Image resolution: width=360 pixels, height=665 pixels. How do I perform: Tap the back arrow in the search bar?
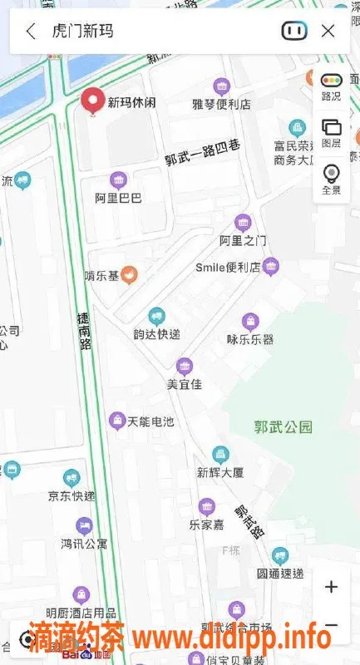coord(31,32)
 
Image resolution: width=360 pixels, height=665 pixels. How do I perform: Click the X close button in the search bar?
coord(328,32)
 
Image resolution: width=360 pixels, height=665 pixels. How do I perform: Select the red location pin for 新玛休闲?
coord(92,101)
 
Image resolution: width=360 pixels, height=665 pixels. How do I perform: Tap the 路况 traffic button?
coord(331,86)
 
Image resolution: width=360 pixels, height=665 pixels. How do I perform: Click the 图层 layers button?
coord(331,132)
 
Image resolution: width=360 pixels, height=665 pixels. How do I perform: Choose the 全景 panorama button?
coord(331,179)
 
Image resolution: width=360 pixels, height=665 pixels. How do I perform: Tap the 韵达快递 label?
coord(156,334)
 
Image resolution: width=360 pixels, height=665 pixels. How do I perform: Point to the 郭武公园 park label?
coord(283,427)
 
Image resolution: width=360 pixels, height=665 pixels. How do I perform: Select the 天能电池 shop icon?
coord(117,421)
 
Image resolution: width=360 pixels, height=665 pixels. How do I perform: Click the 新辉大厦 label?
coord(219,473)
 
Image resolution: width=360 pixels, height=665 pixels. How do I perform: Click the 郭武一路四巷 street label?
coord(202,152)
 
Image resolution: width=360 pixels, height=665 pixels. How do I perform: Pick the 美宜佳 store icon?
coord(185,366)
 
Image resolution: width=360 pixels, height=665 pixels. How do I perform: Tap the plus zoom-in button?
coord(331,587)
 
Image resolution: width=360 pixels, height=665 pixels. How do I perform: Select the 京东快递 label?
coord(72,496)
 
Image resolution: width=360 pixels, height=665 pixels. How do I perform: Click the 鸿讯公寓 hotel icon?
coord(84,525)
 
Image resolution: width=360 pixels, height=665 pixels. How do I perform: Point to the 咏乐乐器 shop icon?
coord(250,322)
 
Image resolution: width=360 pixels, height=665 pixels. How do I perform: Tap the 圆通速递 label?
coord(279,574)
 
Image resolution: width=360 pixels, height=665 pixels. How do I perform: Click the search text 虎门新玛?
coord(82,32)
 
